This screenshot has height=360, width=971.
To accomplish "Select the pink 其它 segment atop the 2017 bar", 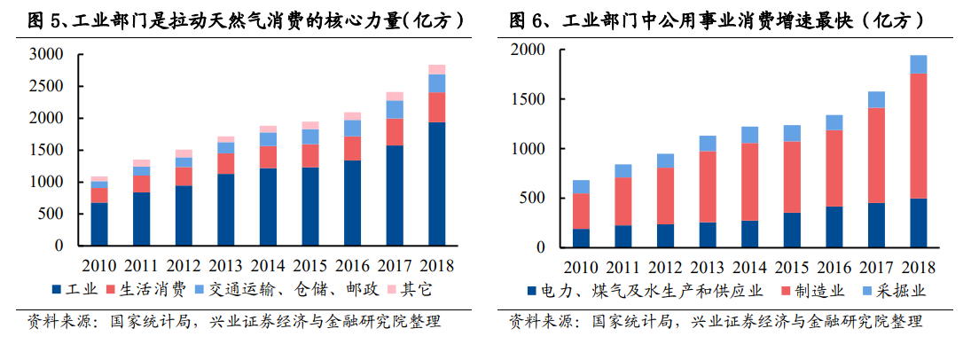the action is coord(395,96).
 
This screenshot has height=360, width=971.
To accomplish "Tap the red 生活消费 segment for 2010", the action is coord(99,195).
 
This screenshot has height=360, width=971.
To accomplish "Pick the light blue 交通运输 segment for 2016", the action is coord(352,129).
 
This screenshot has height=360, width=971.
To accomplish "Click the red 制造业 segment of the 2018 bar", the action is coord(919,136).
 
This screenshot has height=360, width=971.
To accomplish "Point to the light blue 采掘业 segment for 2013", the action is coord(708,143).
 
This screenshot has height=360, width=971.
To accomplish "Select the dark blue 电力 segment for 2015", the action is coord(791,230).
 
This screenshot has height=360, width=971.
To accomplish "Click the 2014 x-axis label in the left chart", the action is coord(268,265).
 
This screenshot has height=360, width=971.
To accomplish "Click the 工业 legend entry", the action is coord(75,289).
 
